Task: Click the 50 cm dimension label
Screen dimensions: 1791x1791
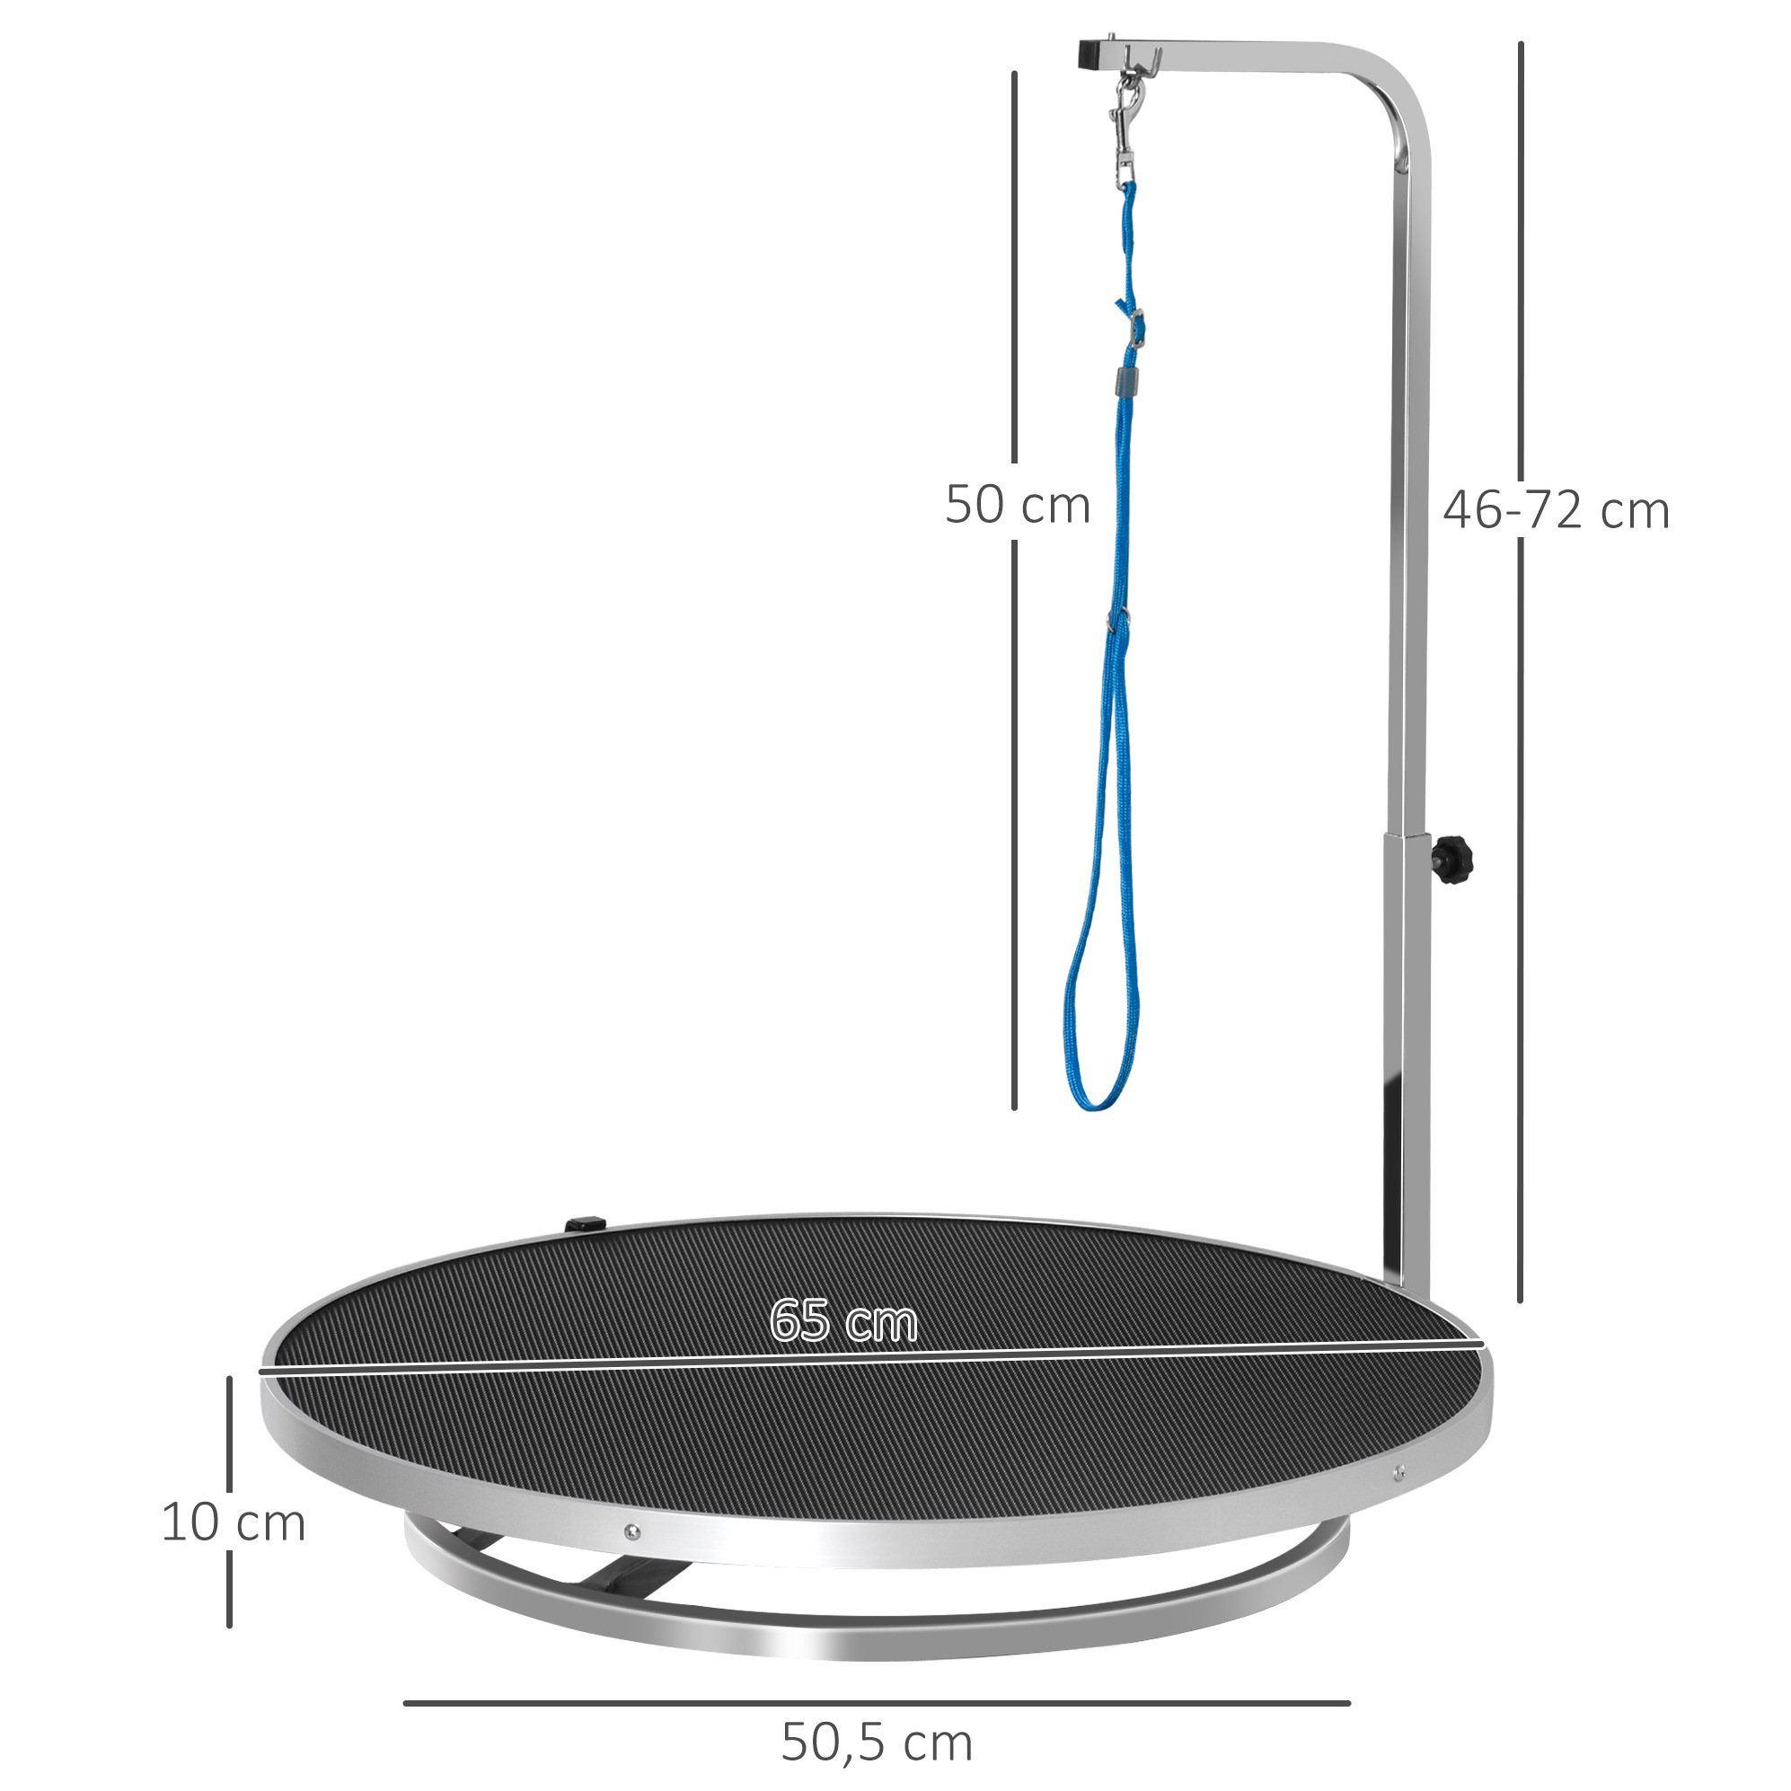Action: [x=1017, y=505]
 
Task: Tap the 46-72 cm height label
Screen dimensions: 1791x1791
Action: [x=1556, y=511]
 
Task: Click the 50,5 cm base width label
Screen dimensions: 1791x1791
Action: [x=877, y=1742]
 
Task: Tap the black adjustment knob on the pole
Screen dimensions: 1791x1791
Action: [x=1453, y=857]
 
